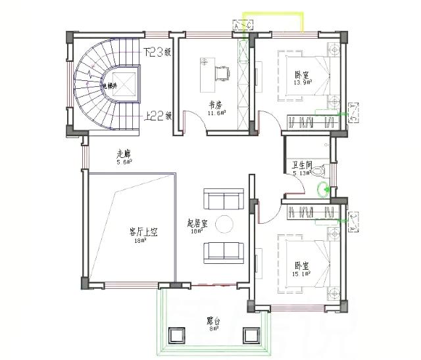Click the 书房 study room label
[x=215, y=105]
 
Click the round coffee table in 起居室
[x=224, y=224]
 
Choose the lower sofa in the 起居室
[x=223, y=251]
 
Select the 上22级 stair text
[x=158, y=116]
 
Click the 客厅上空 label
[x=143, y=232]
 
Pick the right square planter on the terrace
[x=253, y=336]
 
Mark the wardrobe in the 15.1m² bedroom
[x=310, y=211]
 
